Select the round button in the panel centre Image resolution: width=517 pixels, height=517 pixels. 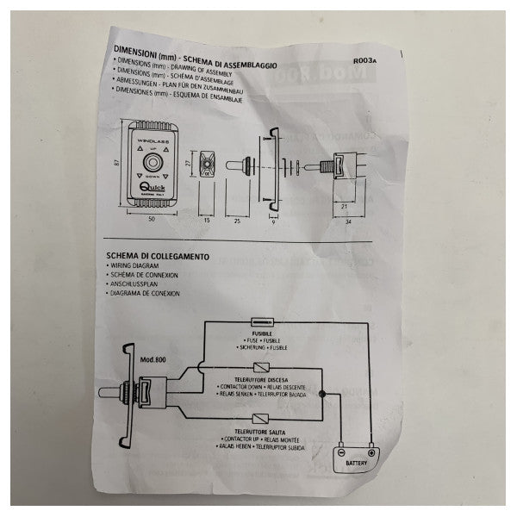coord(155,162)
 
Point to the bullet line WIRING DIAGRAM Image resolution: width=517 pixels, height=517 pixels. coord(135,266)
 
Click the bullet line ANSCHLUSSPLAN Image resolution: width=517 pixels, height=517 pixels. coord(134,284)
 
